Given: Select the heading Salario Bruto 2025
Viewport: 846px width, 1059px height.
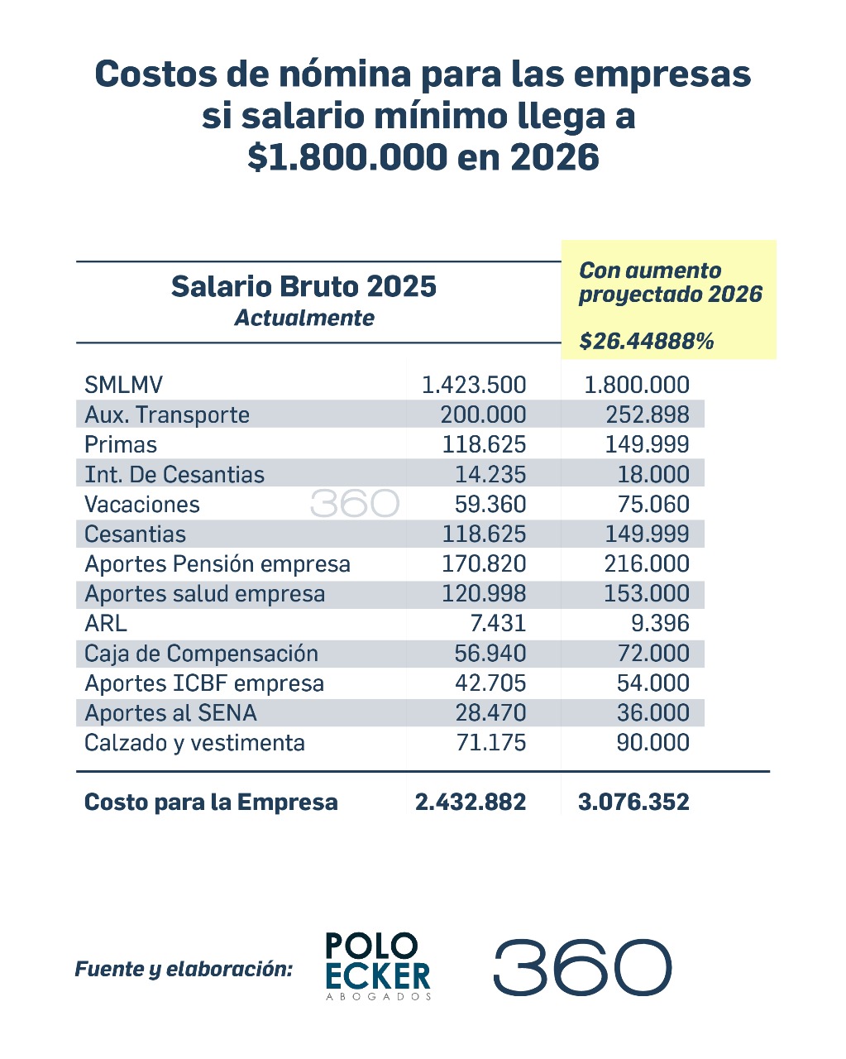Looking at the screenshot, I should (304, 286).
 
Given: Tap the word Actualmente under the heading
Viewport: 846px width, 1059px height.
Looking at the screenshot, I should (304, 318).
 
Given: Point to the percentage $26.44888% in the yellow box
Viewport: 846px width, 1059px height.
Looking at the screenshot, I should (646, 341).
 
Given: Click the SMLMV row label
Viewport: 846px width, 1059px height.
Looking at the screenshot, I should (123, 385).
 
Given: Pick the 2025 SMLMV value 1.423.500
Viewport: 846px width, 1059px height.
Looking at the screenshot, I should (473, 385).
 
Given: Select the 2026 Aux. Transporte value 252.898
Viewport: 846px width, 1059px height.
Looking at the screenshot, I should (647, 414).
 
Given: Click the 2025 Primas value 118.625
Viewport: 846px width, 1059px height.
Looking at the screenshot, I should (483, 444).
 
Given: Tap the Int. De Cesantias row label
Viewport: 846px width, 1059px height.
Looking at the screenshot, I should (174, 474).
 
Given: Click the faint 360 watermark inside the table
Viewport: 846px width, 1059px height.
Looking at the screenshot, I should (355, 504).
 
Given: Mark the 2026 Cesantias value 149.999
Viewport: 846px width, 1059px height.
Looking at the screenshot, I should (647, 534).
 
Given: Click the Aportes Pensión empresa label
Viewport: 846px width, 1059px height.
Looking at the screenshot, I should (217, 563).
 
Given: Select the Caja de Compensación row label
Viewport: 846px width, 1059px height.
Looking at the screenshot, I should (201, 654).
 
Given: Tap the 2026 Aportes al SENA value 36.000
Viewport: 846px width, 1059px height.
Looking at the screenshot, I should (652, 713).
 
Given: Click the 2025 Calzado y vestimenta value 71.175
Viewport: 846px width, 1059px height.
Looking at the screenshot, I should (490, 742).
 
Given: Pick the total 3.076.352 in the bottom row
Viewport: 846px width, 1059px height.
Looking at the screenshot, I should (633, 802).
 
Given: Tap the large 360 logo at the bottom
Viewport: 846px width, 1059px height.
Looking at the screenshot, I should (582, 966).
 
